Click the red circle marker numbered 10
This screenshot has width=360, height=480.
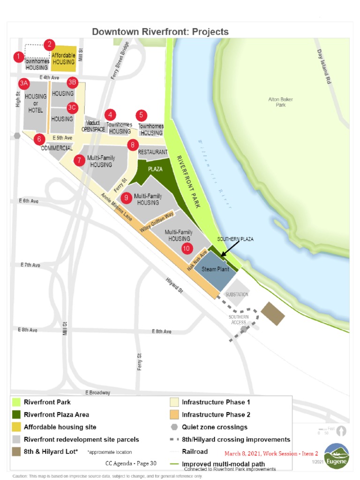pyautogui.click(x=187, y=248)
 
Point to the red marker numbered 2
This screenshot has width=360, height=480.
pyautogui.click(x=49, y=45)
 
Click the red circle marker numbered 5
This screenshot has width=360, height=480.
pyautogui.click(x=141, y=115)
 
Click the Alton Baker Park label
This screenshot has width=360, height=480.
pyautogui.click(x=280, y=102)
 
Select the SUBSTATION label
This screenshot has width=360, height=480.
pyautogui.click(x=237, y=294)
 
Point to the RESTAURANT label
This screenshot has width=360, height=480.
pyautogui.click(x=152, y=152)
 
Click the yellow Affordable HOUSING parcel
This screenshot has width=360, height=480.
pyautogui.click(x=64, y=59)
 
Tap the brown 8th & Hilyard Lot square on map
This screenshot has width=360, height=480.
pyautogui.click(x=273, y=314)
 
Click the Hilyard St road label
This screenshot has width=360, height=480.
pyautogui.click(x=174, y=285)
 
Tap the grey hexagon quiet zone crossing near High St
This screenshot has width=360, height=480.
pyautogui.click(x=17, y=136)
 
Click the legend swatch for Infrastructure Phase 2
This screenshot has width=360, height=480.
pyautogui.click(x=174, y=414)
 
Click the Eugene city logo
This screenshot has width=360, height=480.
pyautogui.click(x=337, y=456)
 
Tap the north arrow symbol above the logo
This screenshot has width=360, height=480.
pyautogui.click(x=343, y=430)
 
